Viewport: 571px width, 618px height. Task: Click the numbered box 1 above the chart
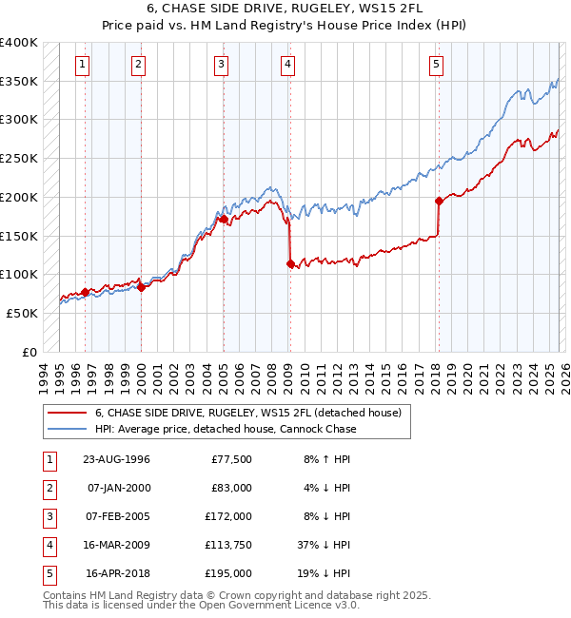(83, 65)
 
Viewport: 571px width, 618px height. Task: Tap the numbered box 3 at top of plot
(221, 65)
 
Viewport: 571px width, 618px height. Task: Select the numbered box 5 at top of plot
(436, 65)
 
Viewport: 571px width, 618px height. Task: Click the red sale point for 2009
(290, 264)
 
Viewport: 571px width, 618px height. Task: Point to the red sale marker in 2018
(439, 201)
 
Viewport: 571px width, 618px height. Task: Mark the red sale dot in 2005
(224, 219)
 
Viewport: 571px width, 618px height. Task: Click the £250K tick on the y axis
(19, 159)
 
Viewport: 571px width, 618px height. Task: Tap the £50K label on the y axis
(22, 313)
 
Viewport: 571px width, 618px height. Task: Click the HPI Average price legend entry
(225, 429)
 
